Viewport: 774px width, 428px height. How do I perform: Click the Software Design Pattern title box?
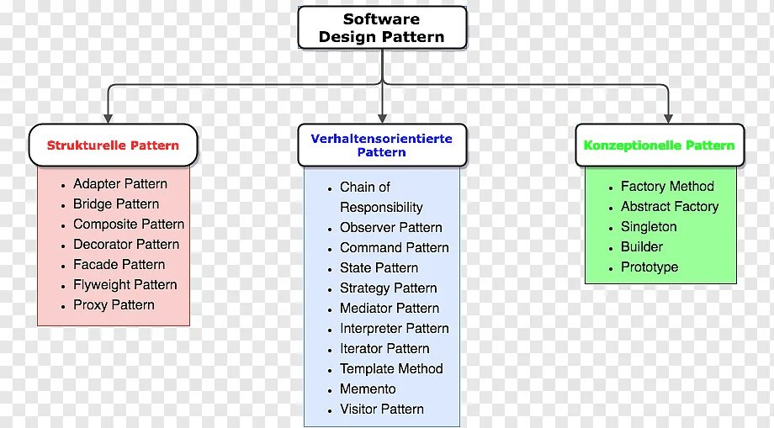point(382,28)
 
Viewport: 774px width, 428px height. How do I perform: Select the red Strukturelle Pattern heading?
point(113,145)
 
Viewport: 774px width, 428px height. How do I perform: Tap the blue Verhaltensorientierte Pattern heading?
point(381,145)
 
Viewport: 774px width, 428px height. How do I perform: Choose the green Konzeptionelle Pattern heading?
point(659,145)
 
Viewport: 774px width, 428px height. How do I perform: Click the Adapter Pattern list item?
point(119,184)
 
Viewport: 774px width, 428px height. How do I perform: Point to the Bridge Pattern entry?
point(115,204)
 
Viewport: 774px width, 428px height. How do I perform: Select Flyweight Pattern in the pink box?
point(125,285)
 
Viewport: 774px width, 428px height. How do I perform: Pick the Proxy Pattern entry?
point(114,305)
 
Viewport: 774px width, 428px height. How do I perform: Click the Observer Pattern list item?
point(390,228)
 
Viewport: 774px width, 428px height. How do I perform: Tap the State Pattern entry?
point(379,268)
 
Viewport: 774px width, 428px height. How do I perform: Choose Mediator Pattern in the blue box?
point(390,309)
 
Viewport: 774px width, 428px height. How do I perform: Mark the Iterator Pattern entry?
point(384,349)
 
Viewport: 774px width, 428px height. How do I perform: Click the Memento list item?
point(368,389)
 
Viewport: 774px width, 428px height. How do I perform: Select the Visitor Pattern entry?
point(381,410)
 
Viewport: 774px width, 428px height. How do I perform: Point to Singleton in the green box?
point(649,227)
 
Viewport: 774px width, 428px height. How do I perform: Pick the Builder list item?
point(642,247)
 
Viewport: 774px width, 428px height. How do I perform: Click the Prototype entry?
point(649,267)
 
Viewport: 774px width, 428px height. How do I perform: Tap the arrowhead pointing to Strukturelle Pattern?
point(108,118)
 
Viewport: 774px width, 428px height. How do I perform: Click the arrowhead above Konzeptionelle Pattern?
point(668,118)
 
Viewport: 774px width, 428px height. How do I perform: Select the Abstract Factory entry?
point(670,207)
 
